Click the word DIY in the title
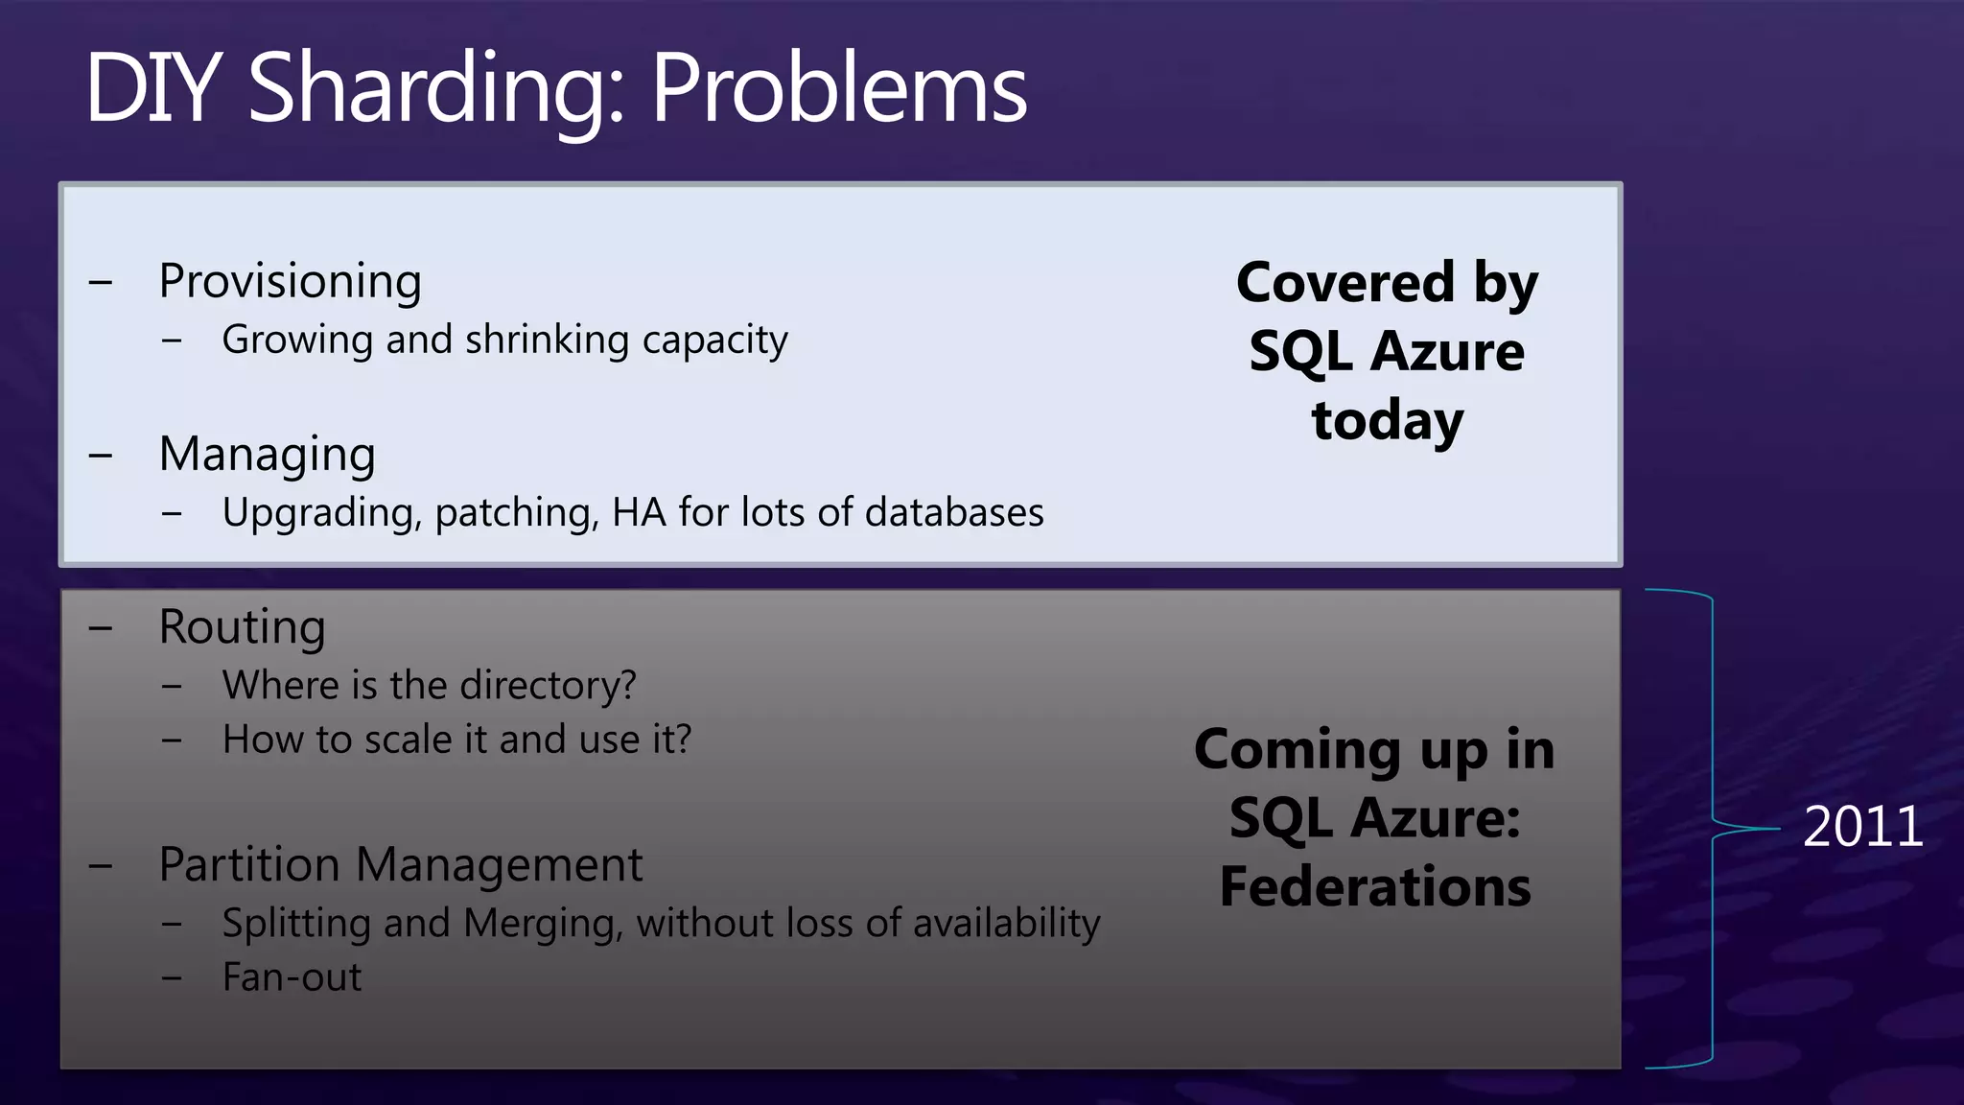pyautogui.click(x=153, y=88)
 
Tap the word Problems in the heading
pyautogui.click(x=839, y=88)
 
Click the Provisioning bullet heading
pyautogui.click(x=290, y=282)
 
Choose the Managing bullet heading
pyautogui.click(x=267, y=455)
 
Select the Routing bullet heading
pyautogui.click(x=242, y=627)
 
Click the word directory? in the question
pyautogui.click(x=548, y=685)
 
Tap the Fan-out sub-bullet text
pyautogui.click(x=292, y=977)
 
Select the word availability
pyautogui.click(x=1006, y=924)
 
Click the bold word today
pyautogui.click(x=1387, y=421)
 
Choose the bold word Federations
pyautogui.click(x=1375, y=886)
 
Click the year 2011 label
pyautogui.click(x=1862, y=827)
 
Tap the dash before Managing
pyautogui.click(x=101, y=456)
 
